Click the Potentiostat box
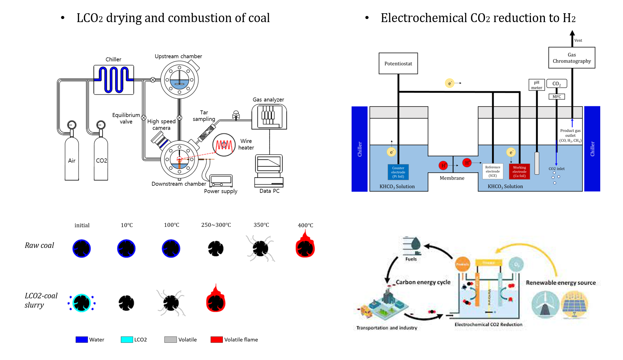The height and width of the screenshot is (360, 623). coord(398,64)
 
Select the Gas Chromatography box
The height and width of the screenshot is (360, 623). coord(572,58)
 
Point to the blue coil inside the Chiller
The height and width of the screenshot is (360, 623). coord(114,79)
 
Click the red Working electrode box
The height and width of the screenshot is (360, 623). coord(519,172)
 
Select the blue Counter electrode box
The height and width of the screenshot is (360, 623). coord(398,172)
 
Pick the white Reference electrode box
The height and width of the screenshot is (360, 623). coord(493,172)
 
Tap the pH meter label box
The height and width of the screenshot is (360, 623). coord(537,85)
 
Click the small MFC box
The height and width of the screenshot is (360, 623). coord(557,97)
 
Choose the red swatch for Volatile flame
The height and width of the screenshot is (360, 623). coord(217,340)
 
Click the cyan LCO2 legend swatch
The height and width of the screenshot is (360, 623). coord(127,340)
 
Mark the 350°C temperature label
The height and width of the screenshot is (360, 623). coord(261,225)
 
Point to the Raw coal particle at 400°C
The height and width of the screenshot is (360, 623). coord(305,247)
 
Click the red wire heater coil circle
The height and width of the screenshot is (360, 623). coord(224,145)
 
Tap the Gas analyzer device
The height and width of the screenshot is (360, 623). coord(269,116)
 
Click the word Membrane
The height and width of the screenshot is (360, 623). coord(452,178)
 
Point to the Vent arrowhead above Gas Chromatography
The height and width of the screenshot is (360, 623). coord(572,33)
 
